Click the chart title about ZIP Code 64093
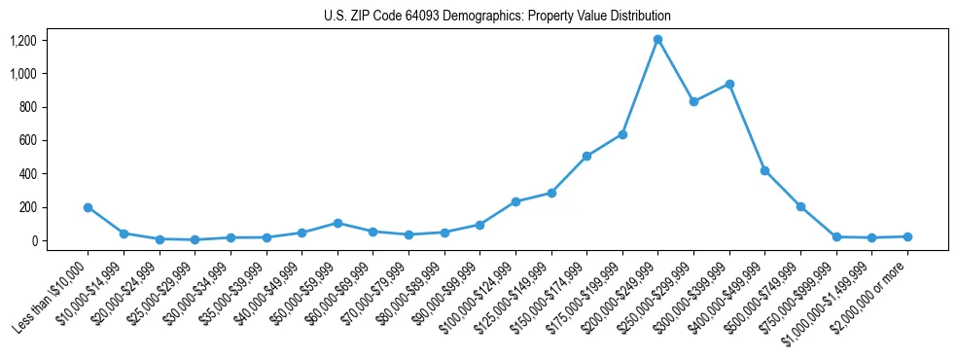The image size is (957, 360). [x=497, y=17]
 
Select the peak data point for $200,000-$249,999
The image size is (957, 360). [x=657, y=40]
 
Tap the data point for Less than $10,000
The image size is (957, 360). [x=88, y=207]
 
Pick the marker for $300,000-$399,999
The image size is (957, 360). [x=729, y=84]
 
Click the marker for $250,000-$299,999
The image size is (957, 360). [x=693, y=101]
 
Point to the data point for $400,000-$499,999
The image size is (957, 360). [x=764, y=170]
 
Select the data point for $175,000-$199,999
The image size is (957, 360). [x=622, y=134]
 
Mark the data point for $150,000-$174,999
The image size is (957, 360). [x=586, y=156]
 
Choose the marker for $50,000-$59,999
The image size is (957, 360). [x=337, y=223]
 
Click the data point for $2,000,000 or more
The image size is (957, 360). [x=907, y=236]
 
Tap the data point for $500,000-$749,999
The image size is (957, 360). [x=800, y=206]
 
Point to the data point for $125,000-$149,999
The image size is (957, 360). [x=550, y=193]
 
